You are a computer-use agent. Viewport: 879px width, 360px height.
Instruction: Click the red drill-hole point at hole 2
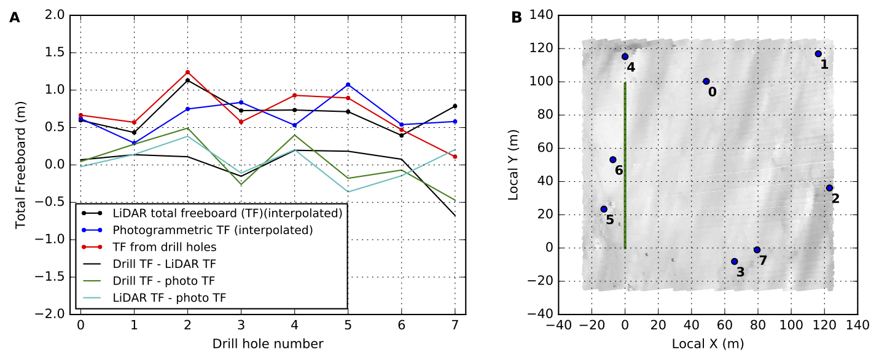click(187, 72)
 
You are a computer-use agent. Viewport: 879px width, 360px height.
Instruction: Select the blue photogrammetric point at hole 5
click(348, 85)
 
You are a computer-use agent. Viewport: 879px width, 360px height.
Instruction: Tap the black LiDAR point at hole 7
click(455, 106)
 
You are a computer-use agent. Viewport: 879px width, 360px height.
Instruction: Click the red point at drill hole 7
click(455, 157)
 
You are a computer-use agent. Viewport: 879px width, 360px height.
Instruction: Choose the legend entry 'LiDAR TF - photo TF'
click(169, 298)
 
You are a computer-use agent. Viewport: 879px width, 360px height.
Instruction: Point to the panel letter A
click(14, 18)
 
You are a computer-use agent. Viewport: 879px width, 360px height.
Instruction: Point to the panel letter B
click(517, 18)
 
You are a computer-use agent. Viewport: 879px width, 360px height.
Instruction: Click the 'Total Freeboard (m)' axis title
click(21, 165)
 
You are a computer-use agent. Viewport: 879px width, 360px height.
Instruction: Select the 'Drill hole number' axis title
click(268, 343)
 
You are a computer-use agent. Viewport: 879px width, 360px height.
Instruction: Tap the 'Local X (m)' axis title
click(707, 343)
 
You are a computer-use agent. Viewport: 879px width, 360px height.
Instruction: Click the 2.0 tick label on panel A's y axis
click(55, 15)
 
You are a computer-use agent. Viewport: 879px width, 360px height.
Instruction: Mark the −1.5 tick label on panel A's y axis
click(52, 276)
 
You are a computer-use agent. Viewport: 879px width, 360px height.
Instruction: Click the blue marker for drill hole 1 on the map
click(818, 54)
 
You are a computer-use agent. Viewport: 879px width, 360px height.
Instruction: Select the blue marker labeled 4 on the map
click(625, 57)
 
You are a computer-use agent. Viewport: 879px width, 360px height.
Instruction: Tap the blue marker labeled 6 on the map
click(612, 160)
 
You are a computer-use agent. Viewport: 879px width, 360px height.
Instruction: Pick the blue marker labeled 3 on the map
click(734, 262)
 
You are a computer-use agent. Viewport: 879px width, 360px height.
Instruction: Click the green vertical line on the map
click(625, 166)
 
